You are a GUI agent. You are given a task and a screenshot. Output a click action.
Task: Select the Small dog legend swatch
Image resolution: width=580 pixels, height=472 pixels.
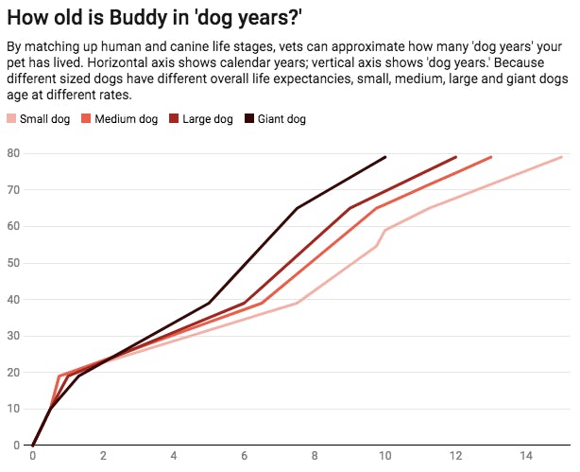pyautogui.click(x=11, y=119)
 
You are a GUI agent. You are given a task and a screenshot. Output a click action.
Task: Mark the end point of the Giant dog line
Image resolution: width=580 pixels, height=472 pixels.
pyautogui.click(x=385, y=157)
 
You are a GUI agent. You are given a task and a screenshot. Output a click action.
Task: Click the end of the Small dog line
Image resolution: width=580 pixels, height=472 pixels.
pyautogui.click(x=562, y=157)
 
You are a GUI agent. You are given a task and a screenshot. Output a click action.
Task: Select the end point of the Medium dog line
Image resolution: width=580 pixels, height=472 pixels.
pyautogui.click(x=491, y=157)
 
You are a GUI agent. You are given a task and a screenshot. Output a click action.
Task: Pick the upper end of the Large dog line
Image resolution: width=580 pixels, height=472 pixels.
pyautogui.click(x=456, y=157)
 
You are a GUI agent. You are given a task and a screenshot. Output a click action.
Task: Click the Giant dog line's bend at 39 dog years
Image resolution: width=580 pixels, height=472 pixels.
pyautogui.click(x=210, y=303)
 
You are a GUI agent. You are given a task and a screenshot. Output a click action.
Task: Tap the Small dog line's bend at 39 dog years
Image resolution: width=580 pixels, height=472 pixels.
pyautogui.click(x=298, y=303)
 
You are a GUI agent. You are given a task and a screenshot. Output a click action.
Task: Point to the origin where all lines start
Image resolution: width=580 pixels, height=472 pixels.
pyautogui.click(x=33, y=445)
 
